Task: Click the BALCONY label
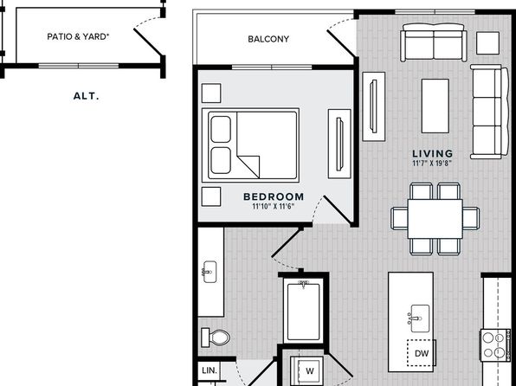268,39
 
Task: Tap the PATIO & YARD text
78,36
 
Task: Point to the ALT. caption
87,96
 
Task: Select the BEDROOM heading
274,196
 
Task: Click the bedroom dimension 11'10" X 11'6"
273,206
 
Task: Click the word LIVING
433,153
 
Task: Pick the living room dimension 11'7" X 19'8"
432,164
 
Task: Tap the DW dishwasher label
422,353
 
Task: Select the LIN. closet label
210,370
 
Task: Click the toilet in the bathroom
216,338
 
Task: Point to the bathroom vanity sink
210,272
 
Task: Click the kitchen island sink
419,318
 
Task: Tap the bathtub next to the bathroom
303,312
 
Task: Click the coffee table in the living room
435,106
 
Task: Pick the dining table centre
435,218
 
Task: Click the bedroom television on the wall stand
339,145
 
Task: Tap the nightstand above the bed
211,93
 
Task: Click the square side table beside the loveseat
487,42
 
